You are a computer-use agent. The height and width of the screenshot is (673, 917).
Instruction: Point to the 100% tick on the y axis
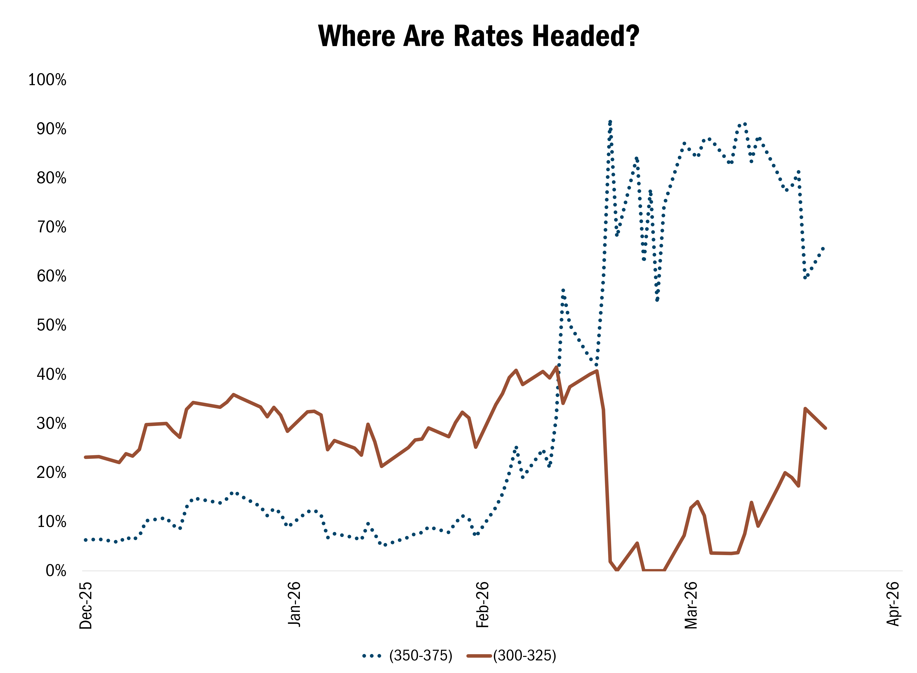pos(47,80)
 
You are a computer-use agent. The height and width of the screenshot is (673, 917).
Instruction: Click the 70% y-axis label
pos(51,227)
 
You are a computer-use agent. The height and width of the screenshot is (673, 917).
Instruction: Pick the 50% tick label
pos(51,325)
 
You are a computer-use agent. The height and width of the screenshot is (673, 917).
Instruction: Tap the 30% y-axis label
pos(51,423)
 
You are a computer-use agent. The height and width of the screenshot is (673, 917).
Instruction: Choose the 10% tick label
pos(51,522)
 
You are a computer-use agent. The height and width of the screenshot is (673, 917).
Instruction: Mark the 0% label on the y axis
pos(56,571)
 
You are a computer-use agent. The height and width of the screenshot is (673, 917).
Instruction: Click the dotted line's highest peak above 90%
pos(610,121)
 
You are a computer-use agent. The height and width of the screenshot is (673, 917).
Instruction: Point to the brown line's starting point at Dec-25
pos(85,457)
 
